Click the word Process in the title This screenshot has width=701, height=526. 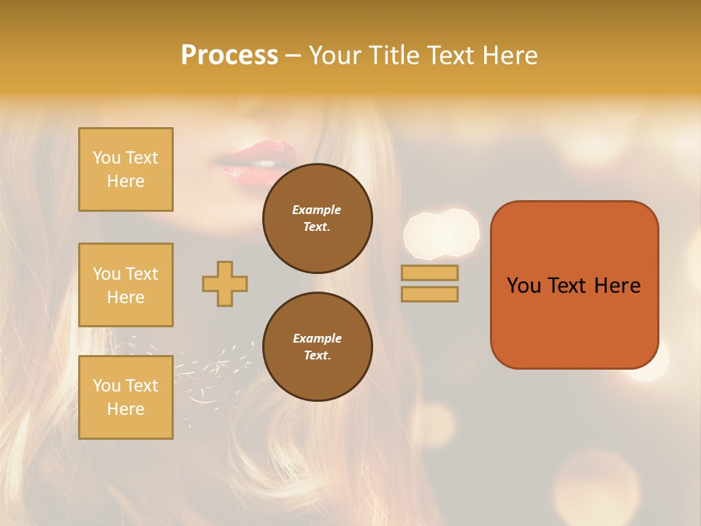(229, 56)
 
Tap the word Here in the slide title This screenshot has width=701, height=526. (510, 56)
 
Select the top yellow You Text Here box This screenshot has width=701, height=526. (126, 169)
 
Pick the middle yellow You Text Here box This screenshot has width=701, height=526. (126, 285)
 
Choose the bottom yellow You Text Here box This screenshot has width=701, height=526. (126, 397)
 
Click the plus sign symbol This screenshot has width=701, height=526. (225, 283)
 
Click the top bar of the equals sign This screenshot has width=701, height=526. (429, 272)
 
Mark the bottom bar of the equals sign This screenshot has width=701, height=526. (429, 294)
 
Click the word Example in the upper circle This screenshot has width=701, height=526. (316, 210)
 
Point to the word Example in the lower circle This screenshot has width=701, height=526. (317, 338)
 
